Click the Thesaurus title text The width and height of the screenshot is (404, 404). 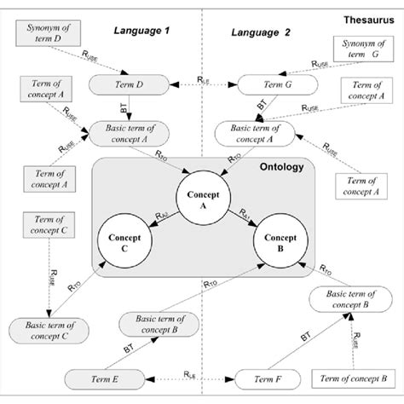(x=367, y=17)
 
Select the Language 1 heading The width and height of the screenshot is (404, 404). (x=142, y=32)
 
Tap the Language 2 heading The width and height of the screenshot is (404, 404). (x=262, y=32)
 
